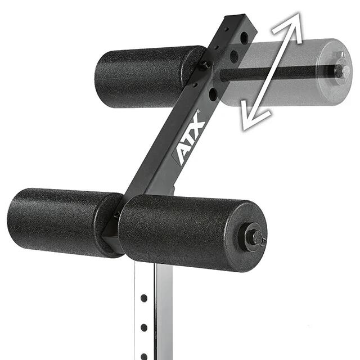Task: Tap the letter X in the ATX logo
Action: click(x=197, y=123)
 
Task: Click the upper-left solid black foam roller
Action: click(x=149, y=76)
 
